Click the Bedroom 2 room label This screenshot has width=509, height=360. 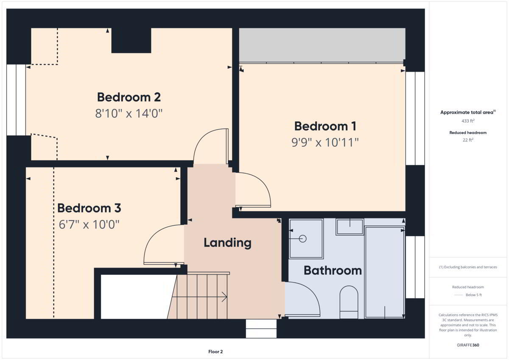click(129, 97)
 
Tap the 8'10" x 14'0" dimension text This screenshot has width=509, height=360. click(129, 113)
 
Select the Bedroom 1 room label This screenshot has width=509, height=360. click(325, 126)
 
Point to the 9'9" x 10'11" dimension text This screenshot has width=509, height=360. click(325, 142)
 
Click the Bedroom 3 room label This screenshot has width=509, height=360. click(89, 208)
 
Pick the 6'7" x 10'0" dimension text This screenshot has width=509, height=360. click(89, 224)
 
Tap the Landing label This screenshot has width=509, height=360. click(227, 243)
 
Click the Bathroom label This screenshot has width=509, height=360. click(333, 271)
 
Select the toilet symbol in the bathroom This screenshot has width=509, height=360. click(349, 302)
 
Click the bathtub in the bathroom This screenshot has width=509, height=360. click(384, 272)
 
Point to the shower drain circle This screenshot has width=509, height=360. click(303, 239)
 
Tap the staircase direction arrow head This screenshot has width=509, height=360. click(224, 297)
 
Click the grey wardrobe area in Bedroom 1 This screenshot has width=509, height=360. click(322, 45)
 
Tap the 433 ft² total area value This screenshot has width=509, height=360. click(468, 121)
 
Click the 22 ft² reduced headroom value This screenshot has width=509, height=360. click(468, 140)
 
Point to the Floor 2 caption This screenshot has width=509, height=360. click(215, 352)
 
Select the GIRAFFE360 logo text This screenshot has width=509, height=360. click(468, 345)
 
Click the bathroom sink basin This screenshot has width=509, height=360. click(350, 227)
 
